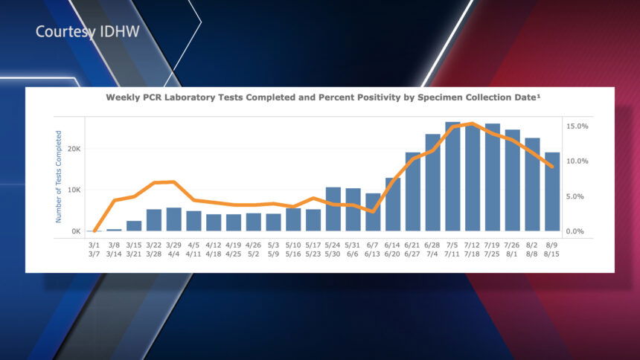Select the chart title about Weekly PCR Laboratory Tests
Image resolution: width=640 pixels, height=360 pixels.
(x=322, y=97)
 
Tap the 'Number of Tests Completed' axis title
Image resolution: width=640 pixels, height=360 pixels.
(x=58, y=177)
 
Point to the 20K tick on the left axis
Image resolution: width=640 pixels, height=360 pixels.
(x=73, y=149)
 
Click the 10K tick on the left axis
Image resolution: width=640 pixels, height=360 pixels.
(x=73, y=190)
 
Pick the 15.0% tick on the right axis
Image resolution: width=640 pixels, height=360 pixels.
(x=577, y=126)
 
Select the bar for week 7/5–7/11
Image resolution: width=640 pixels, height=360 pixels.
(x=452, y=177)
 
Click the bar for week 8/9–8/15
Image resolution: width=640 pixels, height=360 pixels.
(x=552, y=192)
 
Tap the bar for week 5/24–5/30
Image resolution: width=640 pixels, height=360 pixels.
(x=333, y=210)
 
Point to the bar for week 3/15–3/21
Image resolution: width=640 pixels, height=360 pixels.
(x=134, y=226)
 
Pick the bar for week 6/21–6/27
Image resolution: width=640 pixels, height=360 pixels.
(x=413, y=192)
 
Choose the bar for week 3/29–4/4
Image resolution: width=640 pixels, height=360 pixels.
(x=173, y=219)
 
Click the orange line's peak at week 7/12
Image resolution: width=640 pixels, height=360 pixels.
(x=472, y=123)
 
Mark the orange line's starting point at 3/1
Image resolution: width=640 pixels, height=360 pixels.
(x=95, y=231)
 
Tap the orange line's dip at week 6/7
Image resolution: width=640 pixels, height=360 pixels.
(x=373, y=212)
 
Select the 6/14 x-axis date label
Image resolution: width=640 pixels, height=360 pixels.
(x=393, y=245)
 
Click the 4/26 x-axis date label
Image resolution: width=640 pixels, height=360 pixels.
(x=254, y=245)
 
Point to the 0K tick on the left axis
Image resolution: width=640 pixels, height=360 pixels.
(x=76, y=231)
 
